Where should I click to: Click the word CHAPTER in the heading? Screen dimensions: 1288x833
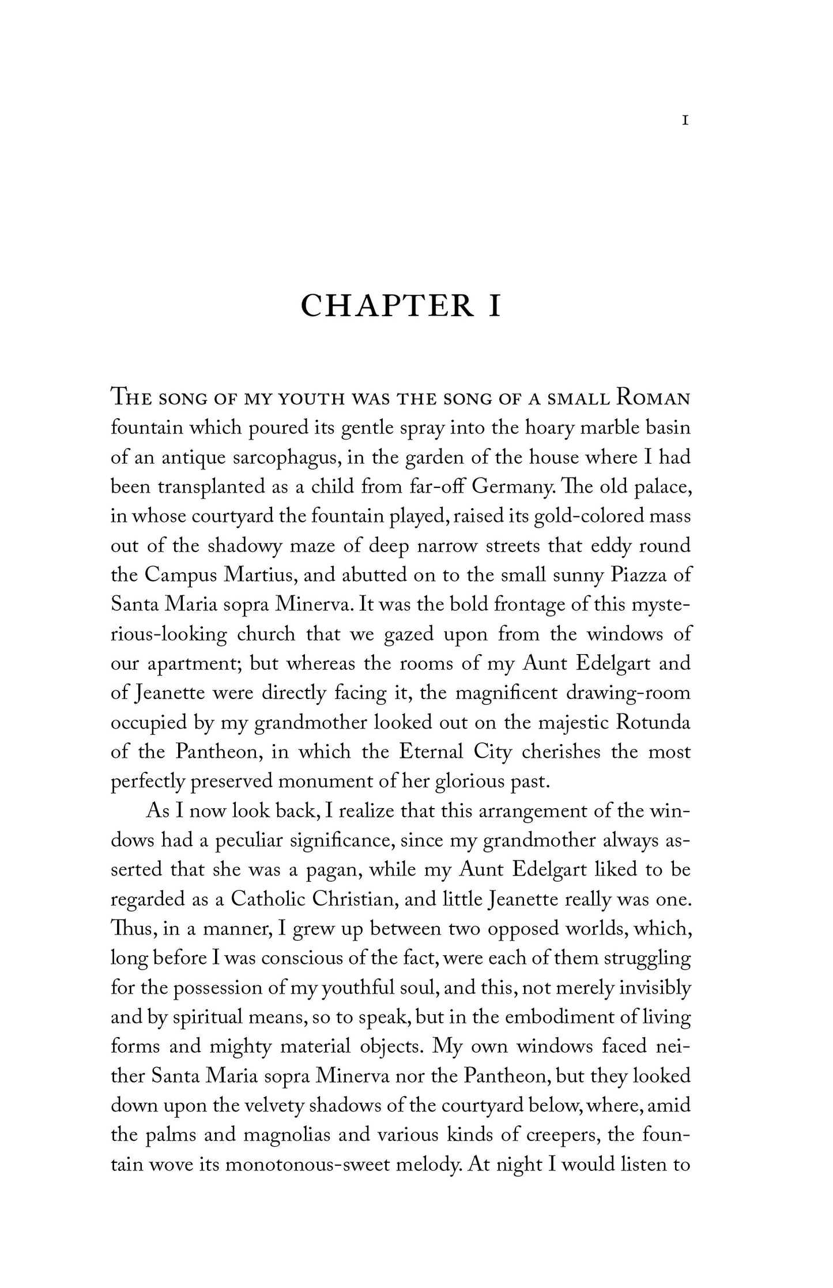point(387,306)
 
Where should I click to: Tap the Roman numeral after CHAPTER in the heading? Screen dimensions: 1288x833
point(495,306)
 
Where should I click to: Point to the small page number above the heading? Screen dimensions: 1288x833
point(685,121)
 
